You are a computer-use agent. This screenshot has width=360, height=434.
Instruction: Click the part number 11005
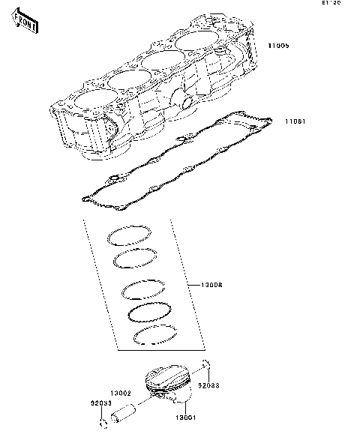pos(279,46)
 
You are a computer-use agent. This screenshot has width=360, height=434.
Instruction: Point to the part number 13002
pos(121,393)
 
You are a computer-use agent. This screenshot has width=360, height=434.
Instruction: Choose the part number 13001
pos(186,418)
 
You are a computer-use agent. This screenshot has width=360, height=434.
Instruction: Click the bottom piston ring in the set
pos(154,337)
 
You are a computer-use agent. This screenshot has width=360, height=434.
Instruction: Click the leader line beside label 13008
pos(188,286)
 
